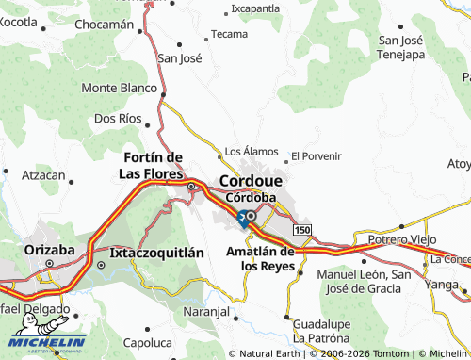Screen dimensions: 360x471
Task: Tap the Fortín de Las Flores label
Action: (x=155, y=165)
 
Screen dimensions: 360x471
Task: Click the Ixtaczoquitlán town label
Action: (x=156, y=253)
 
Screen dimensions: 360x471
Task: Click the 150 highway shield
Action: (x=300, y=230)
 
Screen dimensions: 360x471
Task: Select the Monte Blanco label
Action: (x=119, y=88)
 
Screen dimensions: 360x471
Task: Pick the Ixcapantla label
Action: (x=255, y=8)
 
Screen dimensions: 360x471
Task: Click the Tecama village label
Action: (x=229, y=34)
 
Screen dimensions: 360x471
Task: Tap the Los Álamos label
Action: (x=251, y=151)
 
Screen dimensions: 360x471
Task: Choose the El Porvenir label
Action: (x=316, y=155)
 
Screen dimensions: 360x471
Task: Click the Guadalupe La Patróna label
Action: (x=326, y=329)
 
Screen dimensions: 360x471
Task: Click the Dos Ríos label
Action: (x=118, y=119)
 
